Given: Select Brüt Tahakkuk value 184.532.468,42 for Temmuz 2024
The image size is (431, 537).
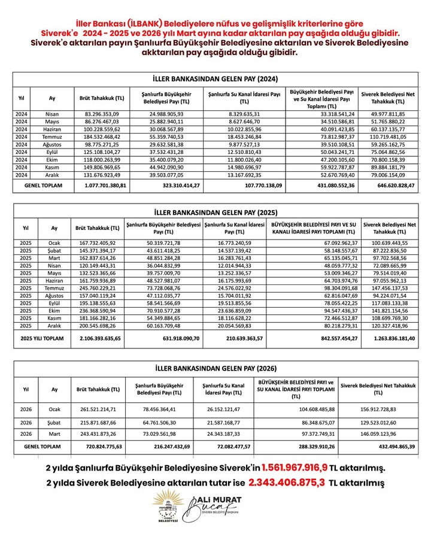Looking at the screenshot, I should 102,137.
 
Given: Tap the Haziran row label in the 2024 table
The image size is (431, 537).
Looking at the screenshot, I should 52,129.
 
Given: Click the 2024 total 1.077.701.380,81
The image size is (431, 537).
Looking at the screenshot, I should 102,186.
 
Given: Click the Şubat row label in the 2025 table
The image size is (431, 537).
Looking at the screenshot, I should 54,250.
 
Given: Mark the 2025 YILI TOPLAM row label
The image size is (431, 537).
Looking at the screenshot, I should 42,338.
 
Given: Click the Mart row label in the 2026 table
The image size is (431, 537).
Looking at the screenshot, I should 54,433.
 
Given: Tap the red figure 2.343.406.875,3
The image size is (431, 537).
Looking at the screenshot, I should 287,481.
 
